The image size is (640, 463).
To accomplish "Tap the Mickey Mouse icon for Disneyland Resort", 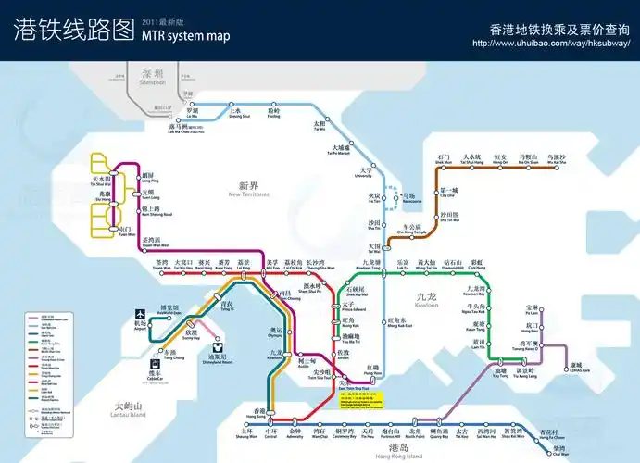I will [x=216, y=344].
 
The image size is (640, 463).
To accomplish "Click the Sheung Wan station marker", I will [x=247, y=422].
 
